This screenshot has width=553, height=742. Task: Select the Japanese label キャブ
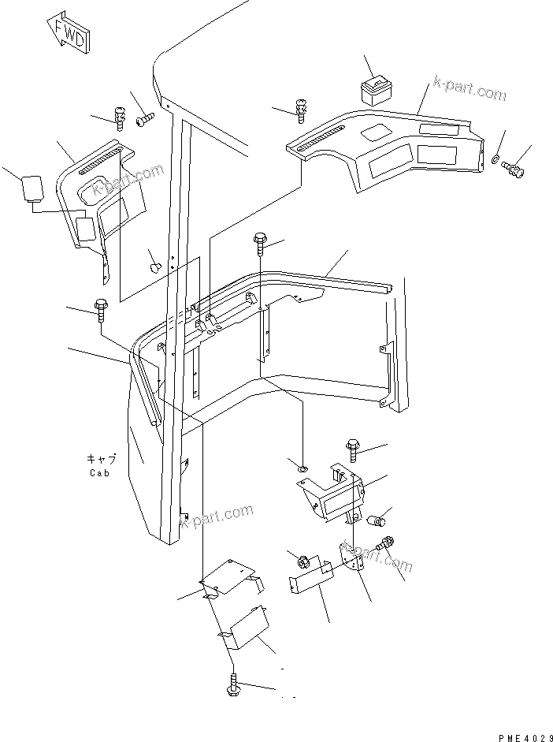[x=100, y=458]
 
